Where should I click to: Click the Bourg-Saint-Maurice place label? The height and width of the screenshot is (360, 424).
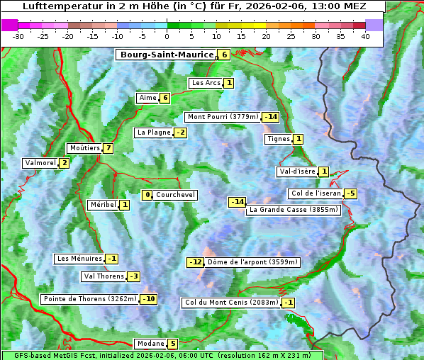click(x=167, y=55)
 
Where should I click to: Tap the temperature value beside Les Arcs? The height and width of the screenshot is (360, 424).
click(x=229, y=83)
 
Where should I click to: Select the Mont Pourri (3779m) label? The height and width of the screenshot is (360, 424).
click(x=223, y=117)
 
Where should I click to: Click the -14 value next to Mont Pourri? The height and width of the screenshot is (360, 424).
click(x=270, y=117)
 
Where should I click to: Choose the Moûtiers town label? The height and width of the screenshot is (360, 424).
click(x=84, y=148)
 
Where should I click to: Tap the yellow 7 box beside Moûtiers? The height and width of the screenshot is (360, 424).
click(x=108, y=148)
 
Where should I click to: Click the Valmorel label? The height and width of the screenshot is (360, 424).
click(x=40, y=163)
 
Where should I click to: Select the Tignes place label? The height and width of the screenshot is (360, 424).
click(x=279, y=139)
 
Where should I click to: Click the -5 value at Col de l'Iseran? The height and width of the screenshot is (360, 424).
click(x=350, y=193)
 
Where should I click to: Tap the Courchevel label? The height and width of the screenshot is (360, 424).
click(x=175, y=195)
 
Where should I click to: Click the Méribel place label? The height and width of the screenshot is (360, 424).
click(x=103, y=205)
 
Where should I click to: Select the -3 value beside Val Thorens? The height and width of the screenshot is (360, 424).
click(x=133, y=276)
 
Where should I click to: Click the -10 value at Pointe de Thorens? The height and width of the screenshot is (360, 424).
click(x=148, y=299)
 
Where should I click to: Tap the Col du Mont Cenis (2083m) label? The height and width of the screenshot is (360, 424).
click(x=230, y=303)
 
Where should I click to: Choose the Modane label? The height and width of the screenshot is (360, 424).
click(x=150, y=344)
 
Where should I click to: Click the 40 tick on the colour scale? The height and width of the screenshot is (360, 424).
click(x=365, y=36)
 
